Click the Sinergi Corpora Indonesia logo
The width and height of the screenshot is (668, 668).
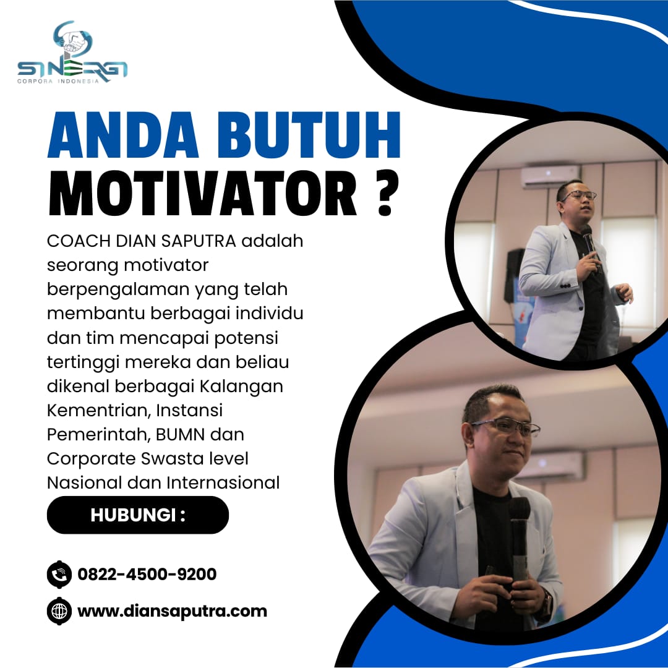tap(72, 52)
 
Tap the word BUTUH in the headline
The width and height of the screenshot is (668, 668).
tap(309, 135)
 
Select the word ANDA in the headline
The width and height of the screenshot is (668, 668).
tap(123, 135)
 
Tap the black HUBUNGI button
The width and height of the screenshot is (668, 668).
tap(137, 515)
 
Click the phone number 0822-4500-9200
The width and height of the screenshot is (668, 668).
tap(147, 574)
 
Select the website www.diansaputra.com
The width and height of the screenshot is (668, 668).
tap(172, 611)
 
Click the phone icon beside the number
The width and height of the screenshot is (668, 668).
tap(59, 574)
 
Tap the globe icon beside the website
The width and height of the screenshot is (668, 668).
tap(59, 611)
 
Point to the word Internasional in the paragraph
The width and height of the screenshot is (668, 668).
tap(223, 482)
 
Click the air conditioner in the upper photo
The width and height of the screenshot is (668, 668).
tap(550, 176)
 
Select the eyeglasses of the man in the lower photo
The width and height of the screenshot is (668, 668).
tap(506, 426)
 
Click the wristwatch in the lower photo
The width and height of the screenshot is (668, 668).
tap(546, 601)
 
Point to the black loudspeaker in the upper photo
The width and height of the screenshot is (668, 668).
tap(514, 275)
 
